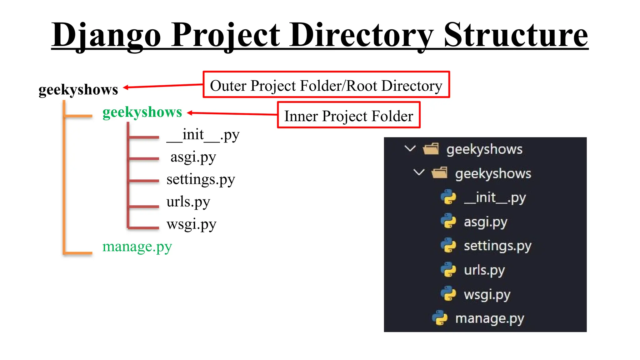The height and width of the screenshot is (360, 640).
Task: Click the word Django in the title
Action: (x=106, y=35)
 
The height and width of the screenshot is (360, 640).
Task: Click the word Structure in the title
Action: (x=516, y=35)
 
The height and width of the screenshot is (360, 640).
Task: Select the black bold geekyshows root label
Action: (x=78, y=90)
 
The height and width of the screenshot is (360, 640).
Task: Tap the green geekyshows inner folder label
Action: (x=142, y=112)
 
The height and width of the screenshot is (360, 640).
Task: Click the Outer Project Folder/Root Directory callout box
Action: (x=326, y=85)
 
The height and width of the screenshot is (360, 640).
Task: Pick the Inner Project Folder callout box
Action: (x=348, y=115)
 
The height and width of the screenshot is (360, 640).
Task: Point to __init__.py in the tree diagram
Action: (x=203, y=135)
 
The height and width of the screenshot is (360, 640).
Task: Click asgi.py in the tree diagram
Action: (x=193, y=157)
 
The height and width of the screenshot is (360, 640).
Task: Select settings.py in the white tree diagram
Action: (x=201, y=180)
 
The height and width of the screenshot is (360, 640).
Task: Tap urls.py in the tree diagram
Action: (x=188, y=202)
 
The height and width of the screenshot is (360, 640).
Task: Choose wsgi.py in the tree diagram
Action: (x=191, y=224)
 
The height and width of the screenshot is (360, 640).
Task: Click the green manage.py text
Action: (x=137, y=247)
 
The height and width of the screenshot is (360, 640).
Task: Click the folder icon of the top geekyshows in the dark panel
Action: (x=431, y=149)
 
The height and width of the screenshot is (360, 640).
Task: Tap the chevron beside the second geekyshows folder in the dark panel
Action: (x=419, y=172)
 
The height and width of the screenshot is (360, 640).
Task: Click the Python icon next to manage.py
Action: (x=440, y=318)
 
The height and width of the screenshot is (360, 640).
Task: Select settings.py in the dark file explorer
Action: (x=497, y=246)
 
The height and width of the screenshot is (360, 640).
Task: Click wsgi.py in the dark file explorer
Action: (x=487, y=294)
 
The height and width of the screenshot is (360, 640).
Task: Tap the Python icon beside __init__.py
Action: (x=448, y=197)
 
